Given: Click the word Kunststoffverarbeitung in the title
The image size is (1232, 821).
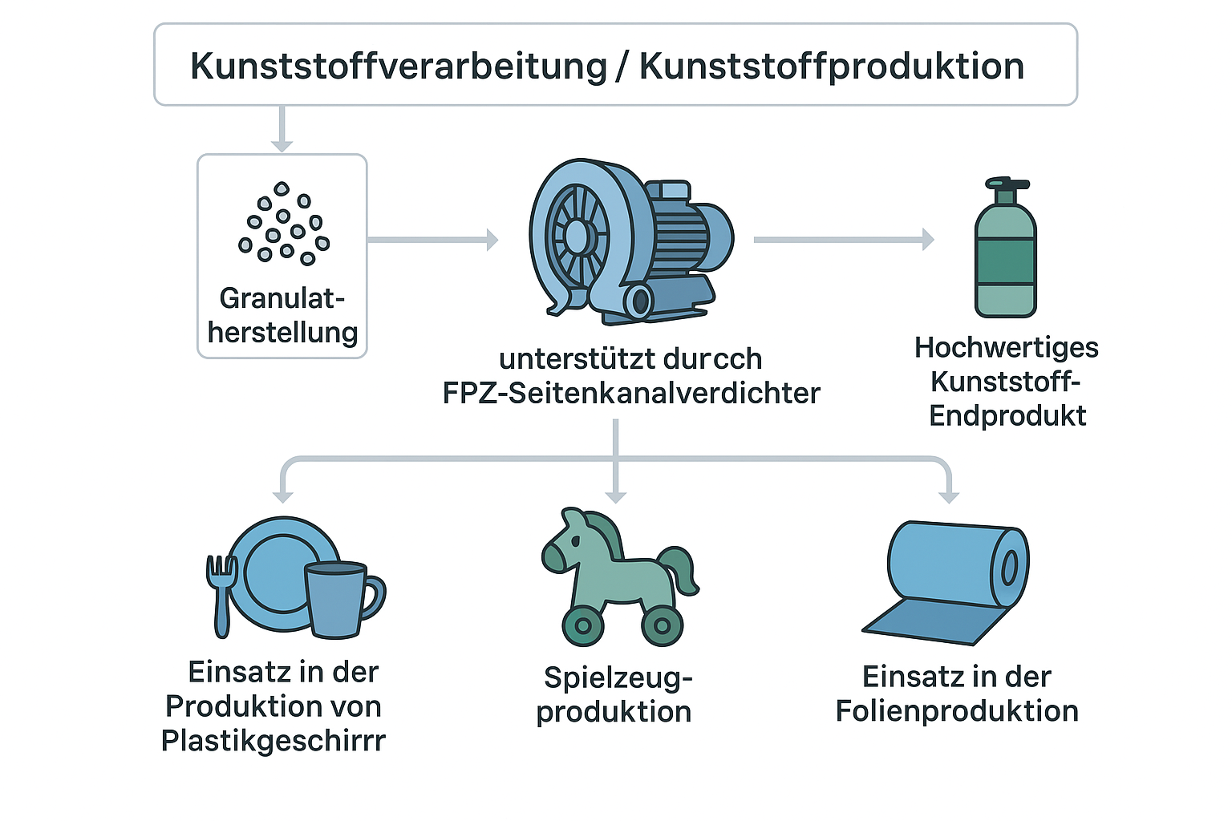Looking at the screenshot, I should pyautogui.click(x=399, y=67).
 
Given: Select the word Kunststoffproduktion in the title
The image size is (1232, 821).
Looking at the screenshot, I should pyautogui.click(x=832, y=67).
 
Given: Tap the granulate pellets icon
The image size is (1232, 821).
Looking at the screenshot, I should pyautogui.click(x=283, y=224).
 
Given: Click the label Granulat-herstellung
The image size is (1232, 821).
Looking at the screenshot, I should pyautogui.click(x=282, y=315).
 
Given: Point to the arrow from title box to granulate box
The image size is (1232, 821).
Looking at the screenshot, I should pyautogui.click(x=281, y=128).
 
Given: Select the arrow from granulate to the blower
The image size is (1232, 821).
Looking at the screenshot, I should pyautogui.click(x=433, y=239).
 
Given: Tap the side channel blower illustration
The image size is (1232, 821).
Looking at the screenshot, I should pyautogui.click(x=630, y=241).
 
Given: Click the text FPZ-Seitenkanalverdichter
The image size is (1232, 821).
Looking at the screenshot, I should pyautogui.click(x=631, y=393).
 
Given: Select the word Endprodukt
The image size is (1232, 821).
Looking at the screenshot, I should pyautogui.click(x=1007, y=415).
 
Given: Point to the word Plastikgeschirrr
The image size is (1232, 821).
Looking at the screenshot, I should pyautogui.click(x=274, y=740).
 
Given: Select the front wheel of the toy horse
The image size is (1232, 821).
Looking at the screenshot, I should pyautogui.click(x=583, y=626).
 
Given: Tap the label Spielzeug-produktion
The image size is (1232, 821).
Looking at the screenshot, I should pyautogui.click(x=614, y=694).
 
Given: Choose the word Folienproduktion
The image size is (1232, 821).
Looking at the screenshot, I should pyautogui.click(x=957, y=711).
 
